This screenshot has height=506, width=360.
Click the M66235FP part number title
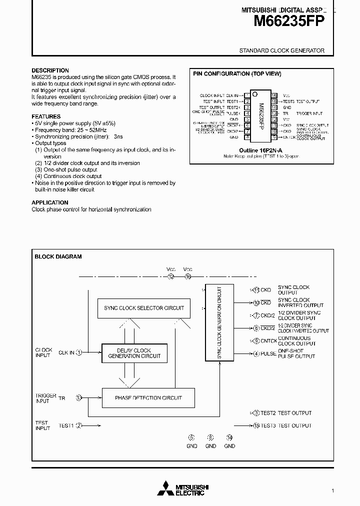(289, 21)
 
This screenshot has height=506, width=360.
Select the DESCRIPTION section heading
(50, 70)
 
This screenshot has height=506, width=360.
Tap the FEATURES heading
(46, 116)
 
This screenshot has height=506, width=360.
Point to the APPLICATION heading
(50, 202)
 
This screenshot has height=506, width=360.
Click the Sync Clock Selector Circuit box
(144, 308)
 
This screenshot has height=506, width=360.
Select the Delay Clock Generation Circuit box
(134, 353)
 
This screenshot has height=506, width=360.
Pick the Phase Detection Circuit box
(148, 398)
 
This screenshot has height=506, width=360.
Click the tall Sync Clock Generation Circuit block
(219, 322)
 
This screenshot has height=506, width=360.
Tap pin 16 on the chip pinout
(274, 95)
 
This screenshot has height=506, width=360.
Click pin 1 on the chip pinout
(247, 95)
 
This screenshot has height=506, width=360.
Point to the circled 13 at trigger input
(78, 398)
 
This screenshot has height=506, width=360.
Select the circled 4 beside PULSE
(256, 354)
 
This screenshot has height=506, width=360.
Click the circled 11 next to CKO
(256, 290)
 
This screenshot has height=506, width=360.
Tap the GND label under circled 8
(210, 446)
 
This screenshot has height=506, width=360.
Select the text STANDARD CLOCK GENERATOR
(282, 50)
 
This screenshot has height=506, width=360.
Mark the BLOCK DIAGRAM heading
(58, 256)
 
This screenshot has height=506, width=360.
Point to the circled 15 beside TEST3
(256, 425)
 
